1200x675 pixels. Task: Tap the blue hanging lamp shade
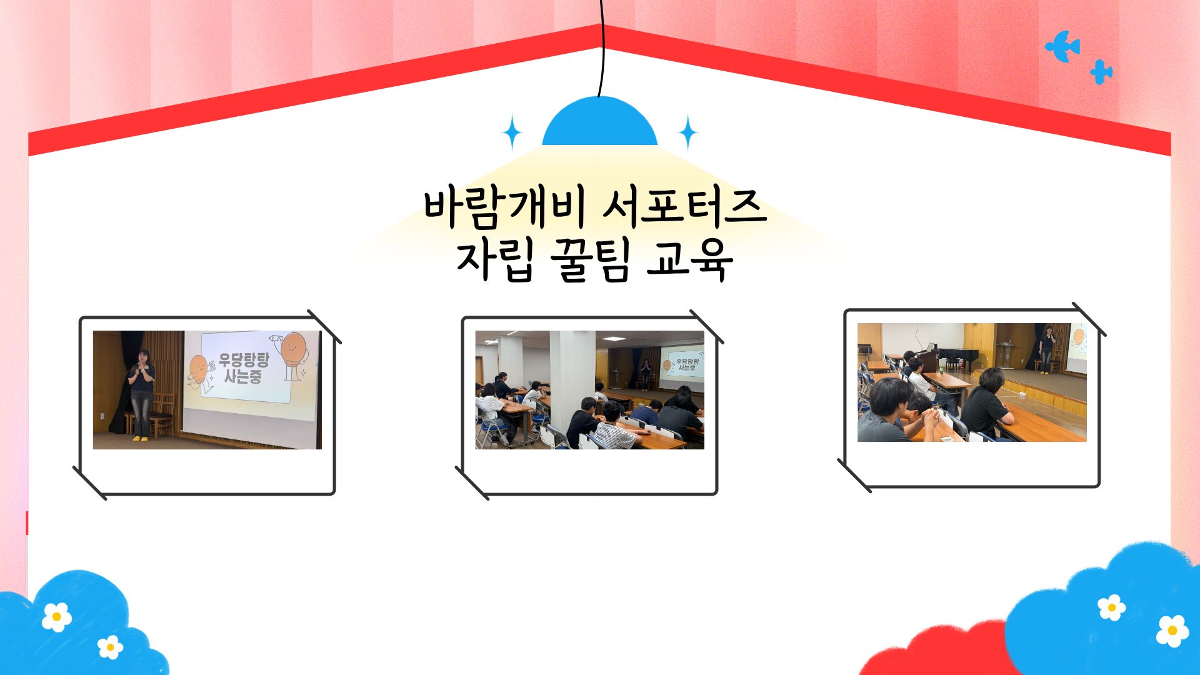click(599, 122)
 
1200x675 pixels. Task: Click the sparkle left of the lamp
click(512, 132)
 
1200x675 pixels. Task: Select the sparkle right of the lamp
click(688, 132)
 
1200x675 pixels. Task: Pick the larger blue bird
click(1062, 46)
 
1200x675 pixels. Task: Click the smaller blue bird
click(1101, 72)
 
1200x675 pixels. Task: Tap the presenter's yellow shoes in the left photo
click(140, 439)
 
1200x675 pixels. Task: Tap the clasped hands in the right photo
click(931, 415)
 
